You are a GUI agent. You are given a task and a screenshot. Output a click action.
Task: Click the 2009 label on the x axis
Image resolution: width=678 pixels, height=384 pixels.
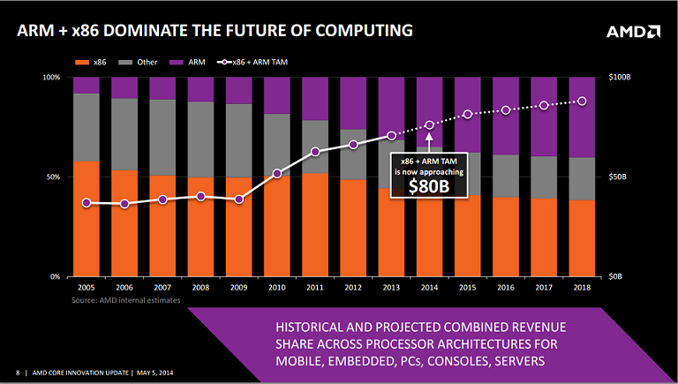click(238, 289)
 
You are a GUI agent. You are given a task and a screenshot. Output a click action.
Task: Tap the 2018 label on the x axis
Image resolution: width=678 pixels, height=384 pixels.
click(581, 289)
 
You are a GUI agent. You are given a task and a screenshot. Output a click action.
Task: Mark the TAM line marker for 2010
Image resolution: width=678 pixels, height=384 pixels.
click(277, 173)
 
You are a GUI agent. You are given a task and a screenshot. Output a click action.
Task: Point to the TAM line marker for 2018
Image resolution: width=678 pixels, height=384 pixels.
click(581, 102)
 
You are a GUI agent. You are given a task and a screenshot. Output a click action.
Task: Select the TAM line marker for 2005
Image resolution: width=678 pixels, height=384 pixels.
click(87, 203)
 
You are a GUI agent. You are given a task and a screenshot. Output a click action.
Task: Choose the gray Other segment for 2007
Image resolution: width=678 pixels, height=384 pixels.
click(162, 138)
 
